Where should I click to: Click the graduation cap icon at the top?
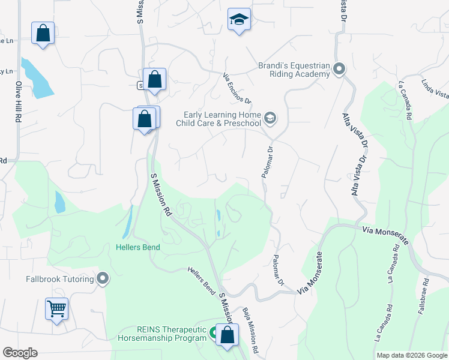point(239,20)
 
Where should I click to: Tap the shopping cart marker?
point(57,309)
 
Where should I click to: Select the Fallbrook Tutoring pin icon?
point(103,278)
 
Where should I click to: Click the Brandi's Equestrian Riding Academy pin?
point(339,69)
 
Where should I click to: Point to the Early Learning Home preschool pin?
point(270,119)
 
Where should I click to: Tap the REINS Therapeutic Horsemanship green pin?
point(214,331)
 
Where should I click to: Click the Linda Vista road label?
point(436,89)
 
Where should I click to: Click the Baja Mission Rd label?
point(250,331)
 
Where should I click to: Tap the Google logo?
point(20,353)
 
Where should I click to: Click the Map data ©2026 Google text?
point(411,355)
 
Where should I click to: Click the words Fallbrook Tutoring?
point(60,279)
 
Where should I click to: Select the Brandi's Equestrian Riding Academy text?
point(294,70)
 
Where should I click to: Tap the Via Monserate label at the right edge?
point(385,235)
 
